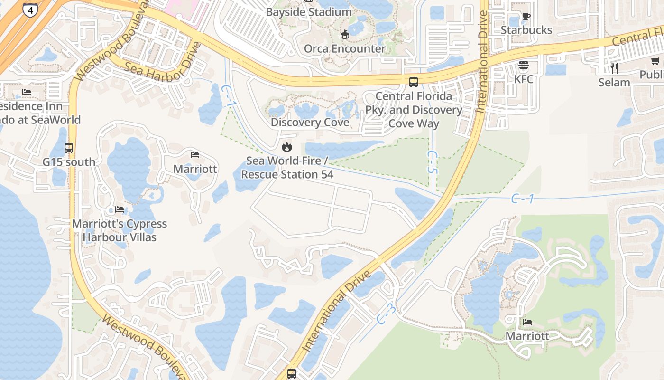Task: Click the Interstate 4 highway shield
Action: (30, 9)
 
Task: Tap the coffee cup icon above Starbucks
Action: (526, 16)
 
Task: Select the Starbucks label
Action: (526, 30)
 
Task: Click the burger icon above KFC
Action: (524, 65)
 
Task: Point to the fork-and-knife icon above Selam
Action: (614, 68)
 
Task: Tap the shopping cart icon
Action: (655, 61)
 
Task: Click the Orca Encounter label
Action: (345, 48)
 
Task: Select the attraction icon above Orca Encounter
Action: (345, 34)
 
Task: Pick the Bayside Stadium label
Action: (309, 12)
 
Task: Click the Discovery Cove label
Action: (310, 123)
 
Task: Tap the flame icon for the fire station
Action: (287, 147)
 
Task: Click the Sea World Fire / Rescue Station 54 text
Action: (287, 168)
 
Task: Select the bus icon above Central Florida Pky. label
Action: (414, 82)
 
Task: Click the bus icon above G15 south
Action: (69, 148)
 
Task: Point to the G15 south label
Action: (69, 162)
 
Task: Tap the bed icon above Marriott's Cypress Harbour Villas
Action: (119, 209)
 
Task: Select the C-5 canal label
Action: (432, 162)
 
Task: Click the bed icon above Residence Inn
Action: (27, 92)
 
